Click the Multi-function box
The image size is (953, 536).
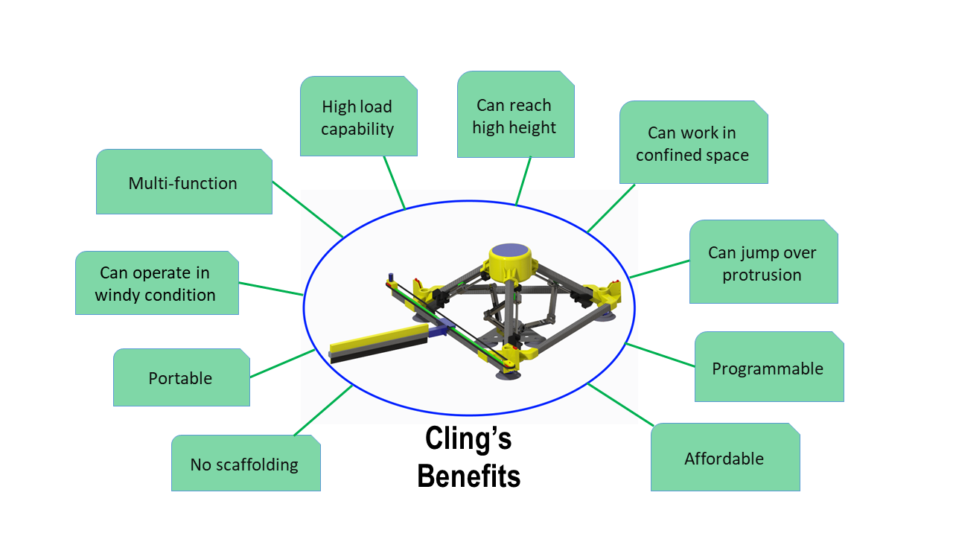184,182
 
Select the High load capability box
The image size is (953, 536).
359,116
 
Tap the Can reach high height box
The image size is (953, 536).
516,115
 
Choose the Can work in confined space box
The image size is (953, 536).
693,142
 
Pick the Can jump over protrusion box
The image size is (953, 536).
764,261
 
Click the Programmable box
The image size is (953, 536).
769,367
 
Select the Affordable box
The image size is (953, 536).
725,457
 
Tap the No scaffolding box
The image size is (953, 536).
246,463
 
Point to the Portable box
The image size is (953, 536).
182,377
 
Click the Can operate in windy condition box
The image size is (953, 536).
157,283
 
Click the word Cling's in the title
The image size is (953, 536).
468,438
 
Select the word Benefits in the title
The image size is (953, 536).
468,476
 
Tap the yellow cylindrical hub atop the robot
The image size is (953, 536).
510,261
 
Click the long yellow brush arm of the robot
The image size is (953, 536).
379,342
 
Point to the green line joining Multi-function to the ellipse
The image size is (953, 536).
307,209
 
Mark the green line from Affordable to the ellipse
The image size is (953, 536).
620,404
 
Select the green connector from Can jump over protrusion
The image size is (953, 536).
660,269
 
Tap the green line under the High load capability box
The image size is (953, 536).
395,183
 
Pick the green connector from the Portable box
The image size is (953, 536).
282,363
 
